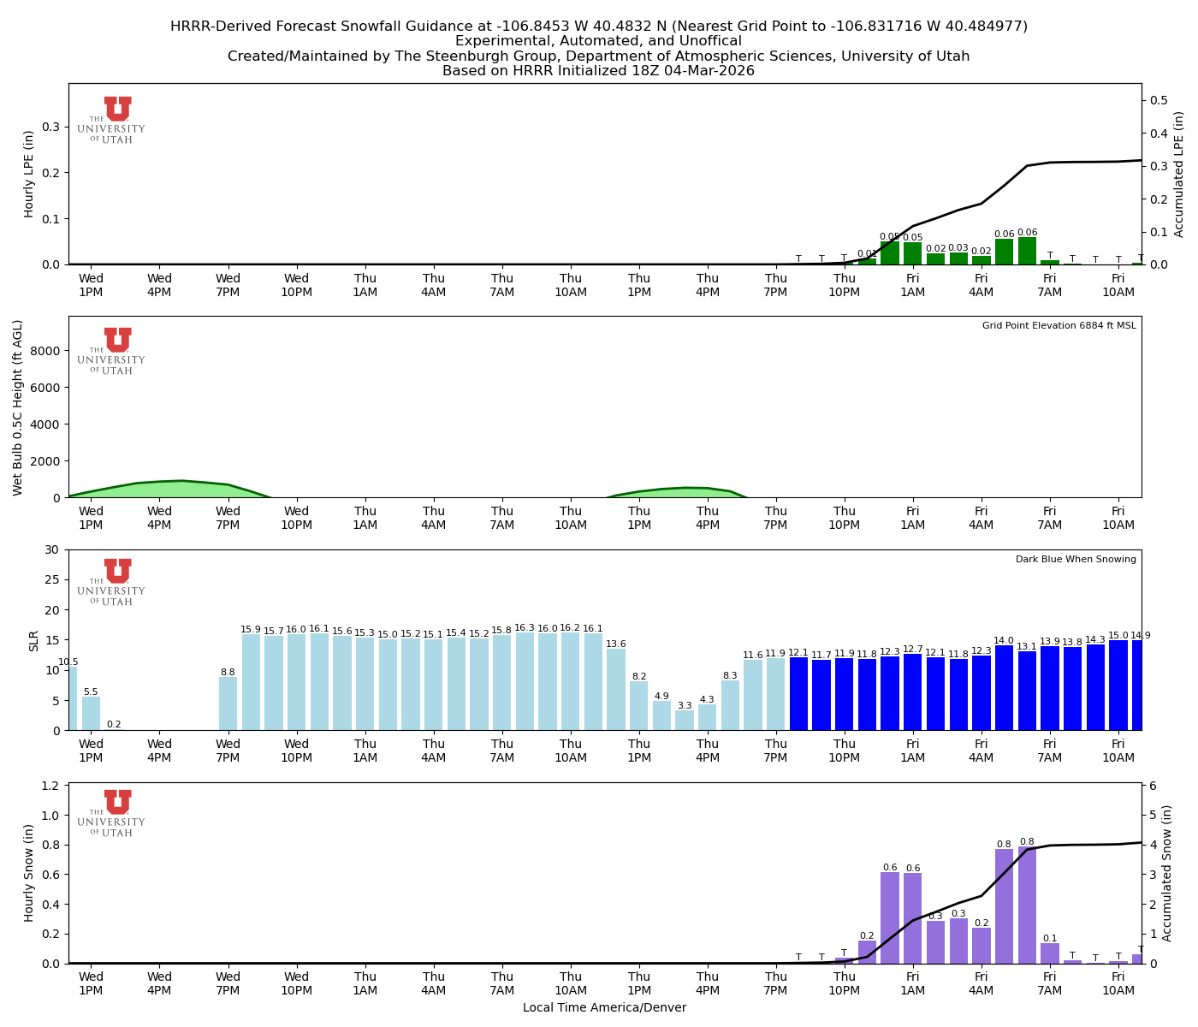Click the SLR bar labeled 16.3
click(525, 681)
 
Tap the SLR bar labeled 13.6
click(616, 689)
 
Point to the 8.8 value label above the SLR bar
click(228, 673)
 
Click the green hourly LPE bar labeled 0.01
click(867, 261)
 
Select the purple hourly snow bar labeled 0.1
click(1050, 953)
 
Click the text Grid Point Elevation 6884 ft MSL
click(1059, 326)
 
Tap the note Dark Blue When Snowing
click(1076, 560)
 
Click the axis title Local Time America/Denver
click(604, 1008)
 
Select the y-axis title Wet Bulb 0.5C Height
click(18, 407)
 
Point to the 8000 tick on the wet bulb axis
click(48, 351)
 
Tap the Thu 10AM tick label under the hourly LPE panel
click(571, 285)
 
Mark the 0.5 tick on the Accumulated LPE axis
click(1159, 100)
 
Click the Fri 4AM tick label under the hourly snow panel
click(982, 983)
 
